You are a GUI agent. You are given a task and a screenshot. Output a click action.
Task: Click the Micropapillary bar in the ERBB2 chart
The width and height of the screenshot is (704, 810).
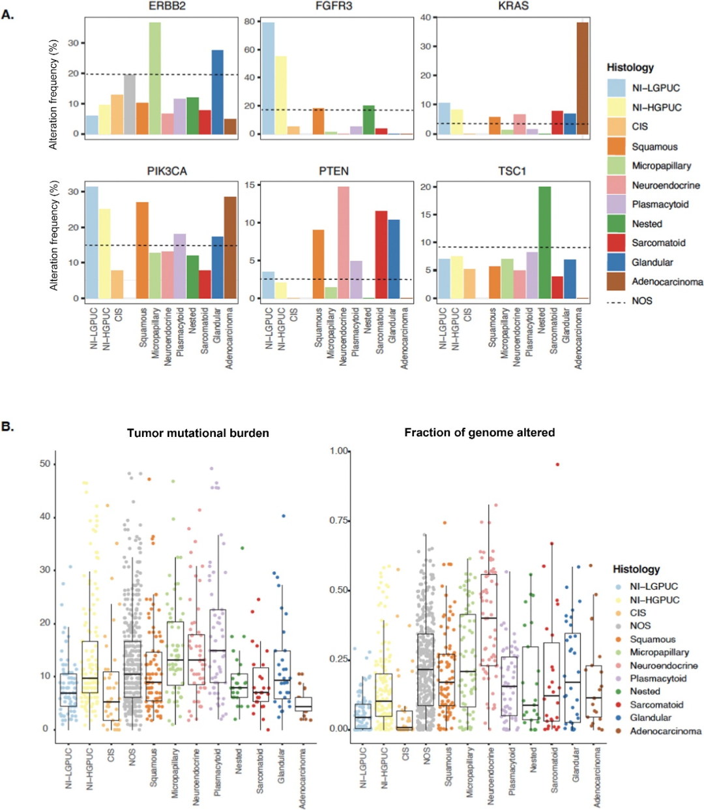point(154,78)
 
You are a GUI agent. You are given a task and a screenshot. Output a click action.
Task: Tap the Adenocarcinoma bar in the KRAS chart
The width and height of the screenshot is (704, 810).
point(582,78)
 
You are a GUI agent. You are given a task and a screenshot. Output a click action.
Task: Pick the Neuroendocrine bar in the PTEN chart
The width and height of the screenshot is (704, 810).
point(344,243)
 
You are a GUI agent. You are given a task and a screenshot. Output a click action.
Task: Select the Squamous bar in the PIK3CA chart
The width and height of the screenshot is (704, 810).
point(142,250)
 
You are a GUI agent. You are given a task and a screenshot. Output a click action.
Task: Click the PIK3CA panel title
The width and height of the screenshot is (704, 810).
point(167,171)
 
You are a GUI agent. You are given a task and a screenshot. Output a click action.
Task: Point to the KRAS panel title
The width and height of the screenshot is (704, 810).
point(513,6)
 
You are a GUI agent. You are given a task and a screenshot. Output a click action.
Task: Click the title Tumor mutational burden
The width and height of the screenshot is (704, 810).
point(198,433)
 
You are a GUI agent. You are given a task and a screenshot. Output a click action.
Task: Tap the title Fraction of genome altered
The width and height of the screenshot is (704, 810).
point(479,432)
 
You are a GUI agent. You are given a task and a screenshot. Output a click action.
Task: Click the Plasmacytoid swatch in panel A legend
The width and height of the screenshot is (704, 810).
point(616,204)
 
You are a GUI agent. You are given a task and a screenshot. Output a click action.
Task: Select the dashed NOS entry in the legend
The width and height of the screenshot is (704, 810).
point(616,301)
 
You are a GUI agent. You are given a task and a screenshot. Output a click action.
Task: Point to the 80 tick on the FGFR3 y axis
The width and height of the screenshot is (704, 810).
point(249,22)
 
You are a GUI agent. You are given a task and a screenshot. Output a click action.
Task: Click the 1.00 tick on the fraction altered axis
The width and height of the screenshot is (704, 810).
point(339,451)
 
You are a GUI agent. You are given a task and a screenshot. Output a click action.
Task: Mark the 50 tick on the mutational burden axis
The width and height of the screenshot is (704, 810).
point(45,464)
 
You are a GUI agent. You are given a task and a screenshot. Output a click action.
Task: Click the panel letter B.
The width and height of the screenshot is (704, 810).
point(8,427)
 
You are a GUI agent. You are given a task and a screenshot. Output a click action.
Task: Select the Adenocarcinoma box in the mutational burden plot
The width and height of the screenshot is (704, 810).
point(303,704)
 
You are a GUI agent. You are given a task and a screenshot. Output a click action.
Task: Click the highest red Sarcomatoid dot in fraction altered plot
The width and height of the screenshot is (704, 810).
point(557,464)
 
